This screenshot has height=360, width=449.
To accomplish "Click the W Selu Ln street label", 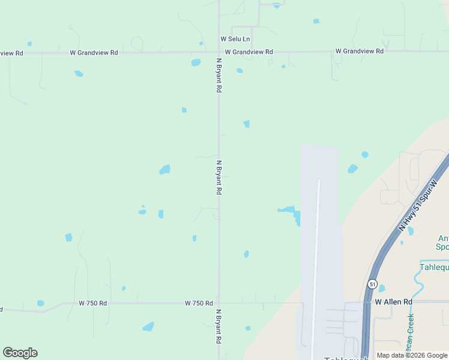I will [x=235, y=39].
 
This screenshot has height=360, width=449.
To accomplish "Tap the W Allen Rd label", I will [x=394, y=302].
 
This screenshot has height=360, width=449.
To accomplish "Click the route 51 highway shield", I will [x=373, y=284].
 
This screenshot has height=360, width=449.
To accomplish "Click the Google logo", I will [x=20, y=353].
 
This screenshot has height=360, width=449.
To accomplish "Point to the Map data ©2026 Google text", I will [x=412, y=355].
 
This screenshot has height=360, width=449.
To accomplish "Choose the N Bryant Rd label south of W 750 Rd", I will [x=218, y=326].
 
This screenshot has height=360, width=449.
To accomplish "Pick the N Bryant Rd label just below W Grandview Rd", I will [x=219, y=75].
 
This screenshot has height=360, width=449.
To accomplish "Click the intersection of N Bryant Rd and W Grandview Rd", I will [x=218, y=52].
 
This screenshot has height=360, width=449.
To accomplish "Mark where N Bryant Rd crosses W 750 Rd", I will [x=218, y=303].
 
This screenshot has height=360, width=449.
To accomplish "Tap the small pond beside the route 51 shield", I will [x=382, y=289].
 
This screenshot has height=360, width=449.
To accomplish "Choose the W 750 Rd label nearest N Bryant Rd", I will [x=199, y=304].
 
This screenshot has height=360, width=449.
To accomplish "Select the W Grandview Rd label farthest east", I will [x=359, y=52].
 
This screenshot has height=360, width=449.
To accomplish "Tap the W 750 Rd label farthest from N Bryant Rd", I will [x=92, y=304].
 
